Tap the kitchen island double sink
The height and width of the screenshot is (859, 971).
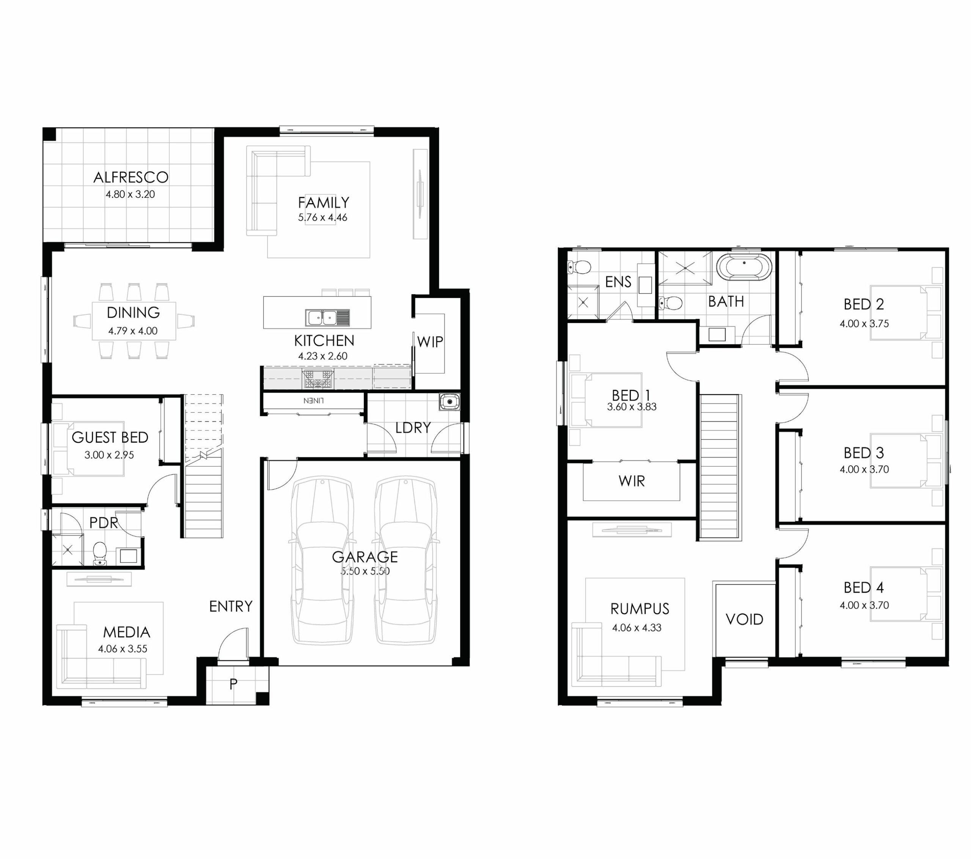click(x=328, y=317)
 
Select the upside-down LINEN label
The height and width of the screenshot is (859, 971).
click(x=314, y=400)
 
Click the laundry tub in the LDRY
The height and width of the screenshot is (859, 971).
click(x=449, y=402)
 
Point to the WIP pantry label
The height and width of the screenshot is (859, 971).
click(x=430, y=342)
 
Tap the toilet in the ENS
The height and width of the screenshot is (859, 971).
click(x=579, y=267)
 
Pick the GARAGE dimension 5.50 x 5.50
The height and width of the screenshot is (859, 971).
click(x=365, y=571)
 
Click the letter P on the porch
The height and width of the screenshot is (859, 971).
click(x=233, y=684)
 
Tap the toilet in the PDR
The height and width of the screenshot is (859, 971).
click(x=100, y=553)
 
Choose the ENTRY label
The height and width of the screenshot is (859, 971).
click(x=231, y=606)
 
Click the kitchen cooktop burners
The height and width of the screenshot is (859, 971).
click(x=318, y=380)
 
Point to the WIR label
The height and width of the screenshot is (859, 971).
click(x=632, y=481)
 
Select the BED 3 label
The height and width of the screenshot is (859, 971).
click(x=864, y=453)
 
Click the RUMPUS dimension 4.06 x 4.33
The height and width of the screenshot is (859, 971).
click(x=636, y=628)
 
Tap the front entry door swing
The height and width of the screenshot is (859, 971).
click(x=233, y=644)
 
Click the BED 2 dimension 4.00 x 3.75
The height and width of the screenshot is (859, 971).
click(x=864, y=323)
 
